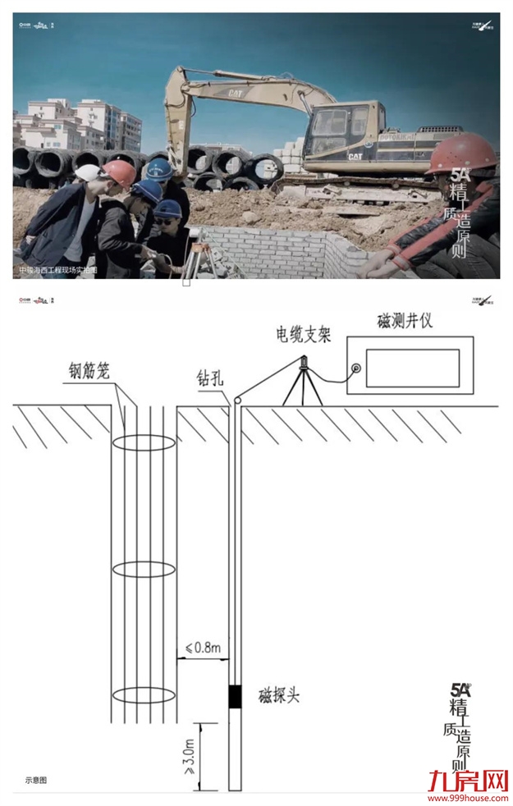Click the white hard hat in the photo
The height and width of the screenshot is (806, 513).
coord(88,173)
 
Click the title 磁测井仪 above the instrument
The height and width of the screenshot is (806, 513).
coord(405,321)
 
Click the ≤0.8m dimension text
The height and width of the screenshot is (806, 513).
coord(204,648)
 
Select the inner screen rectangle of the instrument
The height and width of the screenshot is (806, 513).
coord(412,368)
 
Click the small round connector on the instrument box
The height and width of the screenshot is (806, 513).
coord(356,369)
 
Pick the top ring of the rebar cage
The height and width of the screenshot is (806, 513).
coord(143,442)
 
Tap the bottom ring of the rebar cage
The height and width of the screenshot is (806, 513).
coord(143,695)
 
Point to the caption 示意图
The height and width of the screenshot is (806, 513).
coord(36,780)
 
